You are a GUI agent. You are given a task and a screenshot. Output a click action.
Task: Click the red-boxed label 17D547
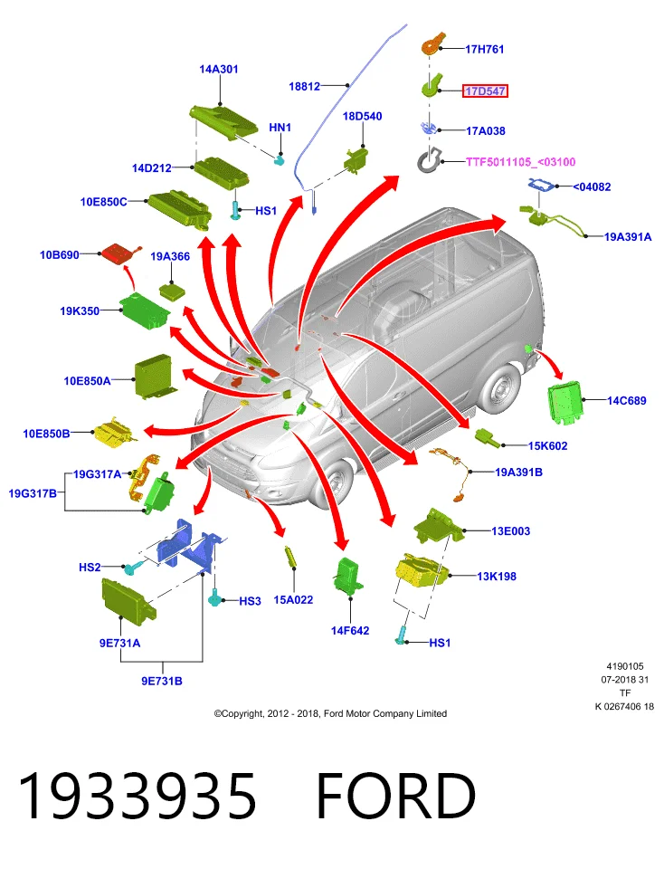tap(485, 91)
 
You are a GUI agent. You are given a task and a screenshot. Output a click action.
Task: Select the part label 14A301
tap(219, 70)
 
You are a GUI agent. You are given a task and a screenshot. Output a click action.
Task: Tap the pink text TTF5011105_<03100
tap(520, 162)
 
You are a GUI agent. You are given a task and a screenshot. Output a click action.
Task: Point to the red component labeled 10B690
tap(119, 253)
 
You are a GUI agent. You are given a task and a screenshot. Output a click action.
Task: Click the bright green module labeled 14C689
tap(565, 402)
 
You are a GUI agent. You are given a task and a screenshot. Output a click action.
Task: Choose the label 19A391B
tap(518, 473)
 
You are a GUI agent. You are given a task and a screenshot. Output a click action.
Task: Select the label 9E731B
tap(162, 681)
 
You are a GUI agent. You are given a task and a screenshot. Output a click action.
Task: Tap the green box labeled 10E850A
tap(154, 377)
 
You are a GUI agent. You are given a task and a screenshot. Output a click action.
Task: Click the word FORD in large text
tap(395, 796)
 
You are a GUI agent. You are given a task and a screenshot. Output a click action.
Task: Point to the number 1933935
tap(138, 796)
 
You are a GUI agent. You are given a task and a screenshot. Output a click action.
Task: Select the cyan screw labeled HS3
tap(215, 597)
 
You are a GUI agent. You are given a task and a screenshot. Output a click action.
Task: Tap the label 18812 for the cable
tap(304, 87)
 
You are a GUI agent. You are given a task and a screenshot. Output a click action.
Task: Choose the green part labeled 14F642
tap(349, 575)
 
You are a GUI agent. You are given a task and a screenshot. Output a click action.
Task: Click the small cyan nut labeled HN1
tap(280, 159)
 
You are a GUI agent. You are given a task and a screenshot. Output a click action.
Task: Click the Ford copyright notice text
tap(330, 713)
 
